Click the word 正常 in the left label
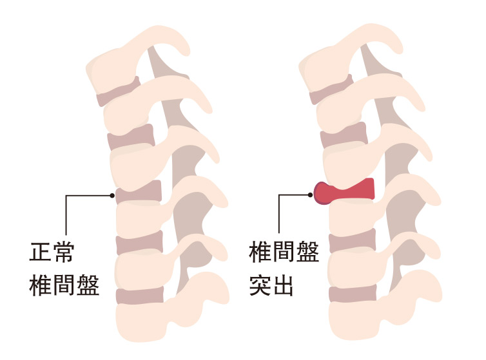(52, 252)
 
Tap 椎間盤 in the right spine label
(284, 252)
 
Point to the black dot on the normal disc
(113, 194)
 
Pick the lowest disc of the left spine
(139, 296)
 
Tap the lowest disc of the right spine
(352, 294)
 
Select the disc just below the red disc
(352, 242)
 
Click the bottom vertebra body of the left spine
(139, 322)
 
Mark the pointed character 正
(41, 252)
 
